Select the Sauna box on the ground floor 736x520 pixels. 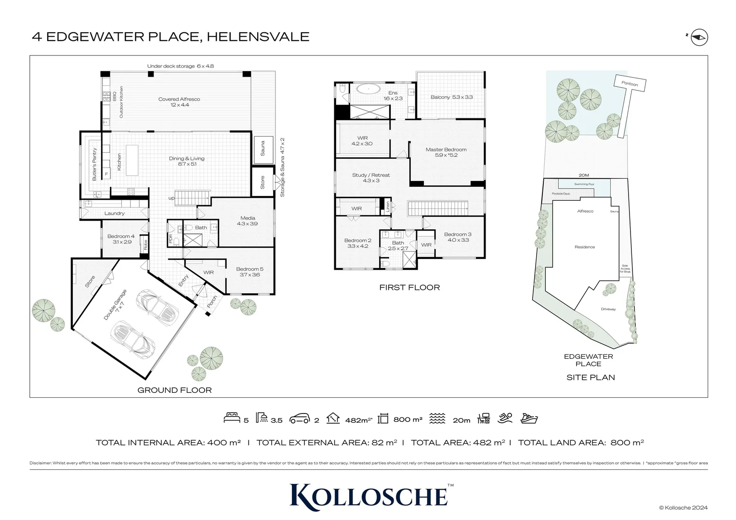point(263,148)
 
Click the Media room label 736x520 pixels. point(248,221)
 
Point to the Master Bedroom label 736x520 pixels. point(446,152)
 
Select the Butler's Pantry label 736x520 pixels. point(94,164)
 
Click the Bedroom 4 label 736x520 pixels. point(121,239)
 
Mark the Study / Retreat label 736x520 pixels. point(371,178)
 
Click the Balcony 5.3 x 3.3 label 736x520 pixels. point(451,97)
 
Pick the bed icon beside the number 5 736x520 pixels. point(232,418)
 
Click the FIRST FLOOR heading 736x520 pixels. point(409,287)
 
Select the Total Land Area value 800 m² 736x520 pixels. point(627,442)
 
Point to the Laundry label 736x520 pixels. point(115,213)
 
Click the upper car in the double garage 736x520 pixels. point(158,307)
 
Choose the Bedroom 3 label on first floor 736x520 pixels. point(458,237)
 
